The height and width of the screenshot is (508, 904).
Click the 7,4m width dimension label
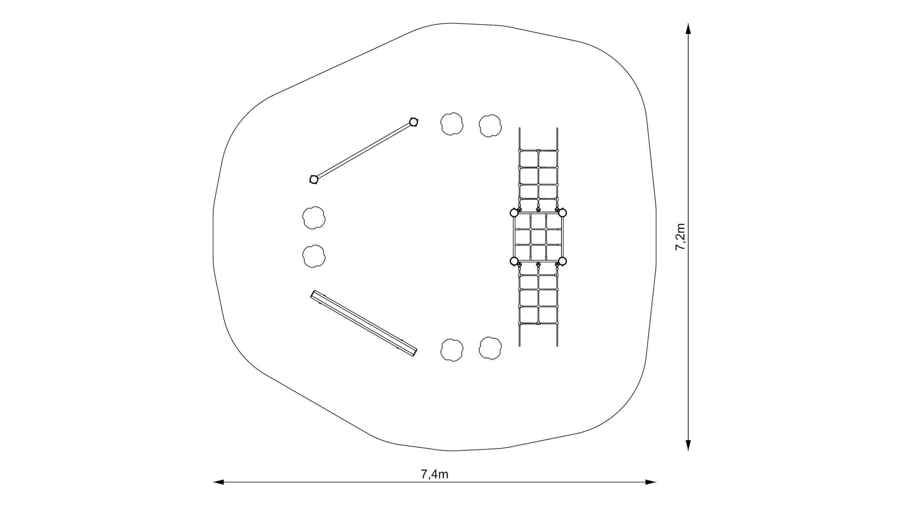click(x=434, y=475)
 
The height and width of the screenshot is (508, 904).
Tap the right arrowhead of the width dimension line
click(x=650, y=482)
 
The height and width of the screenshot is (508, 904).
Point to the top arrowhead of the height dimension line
click(x=688, y=29)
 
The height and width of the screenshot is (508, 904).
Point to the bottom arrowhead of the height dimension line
click(x=688, y=445)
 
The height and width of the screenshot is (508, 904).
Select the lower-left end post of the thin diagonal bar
click(x=314, y=180)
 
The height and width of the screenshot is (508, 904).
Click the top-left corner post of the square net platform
click(x=515, y=213)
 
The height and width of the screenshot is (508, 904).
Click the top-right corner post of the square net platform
click(x=563, y=213)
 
